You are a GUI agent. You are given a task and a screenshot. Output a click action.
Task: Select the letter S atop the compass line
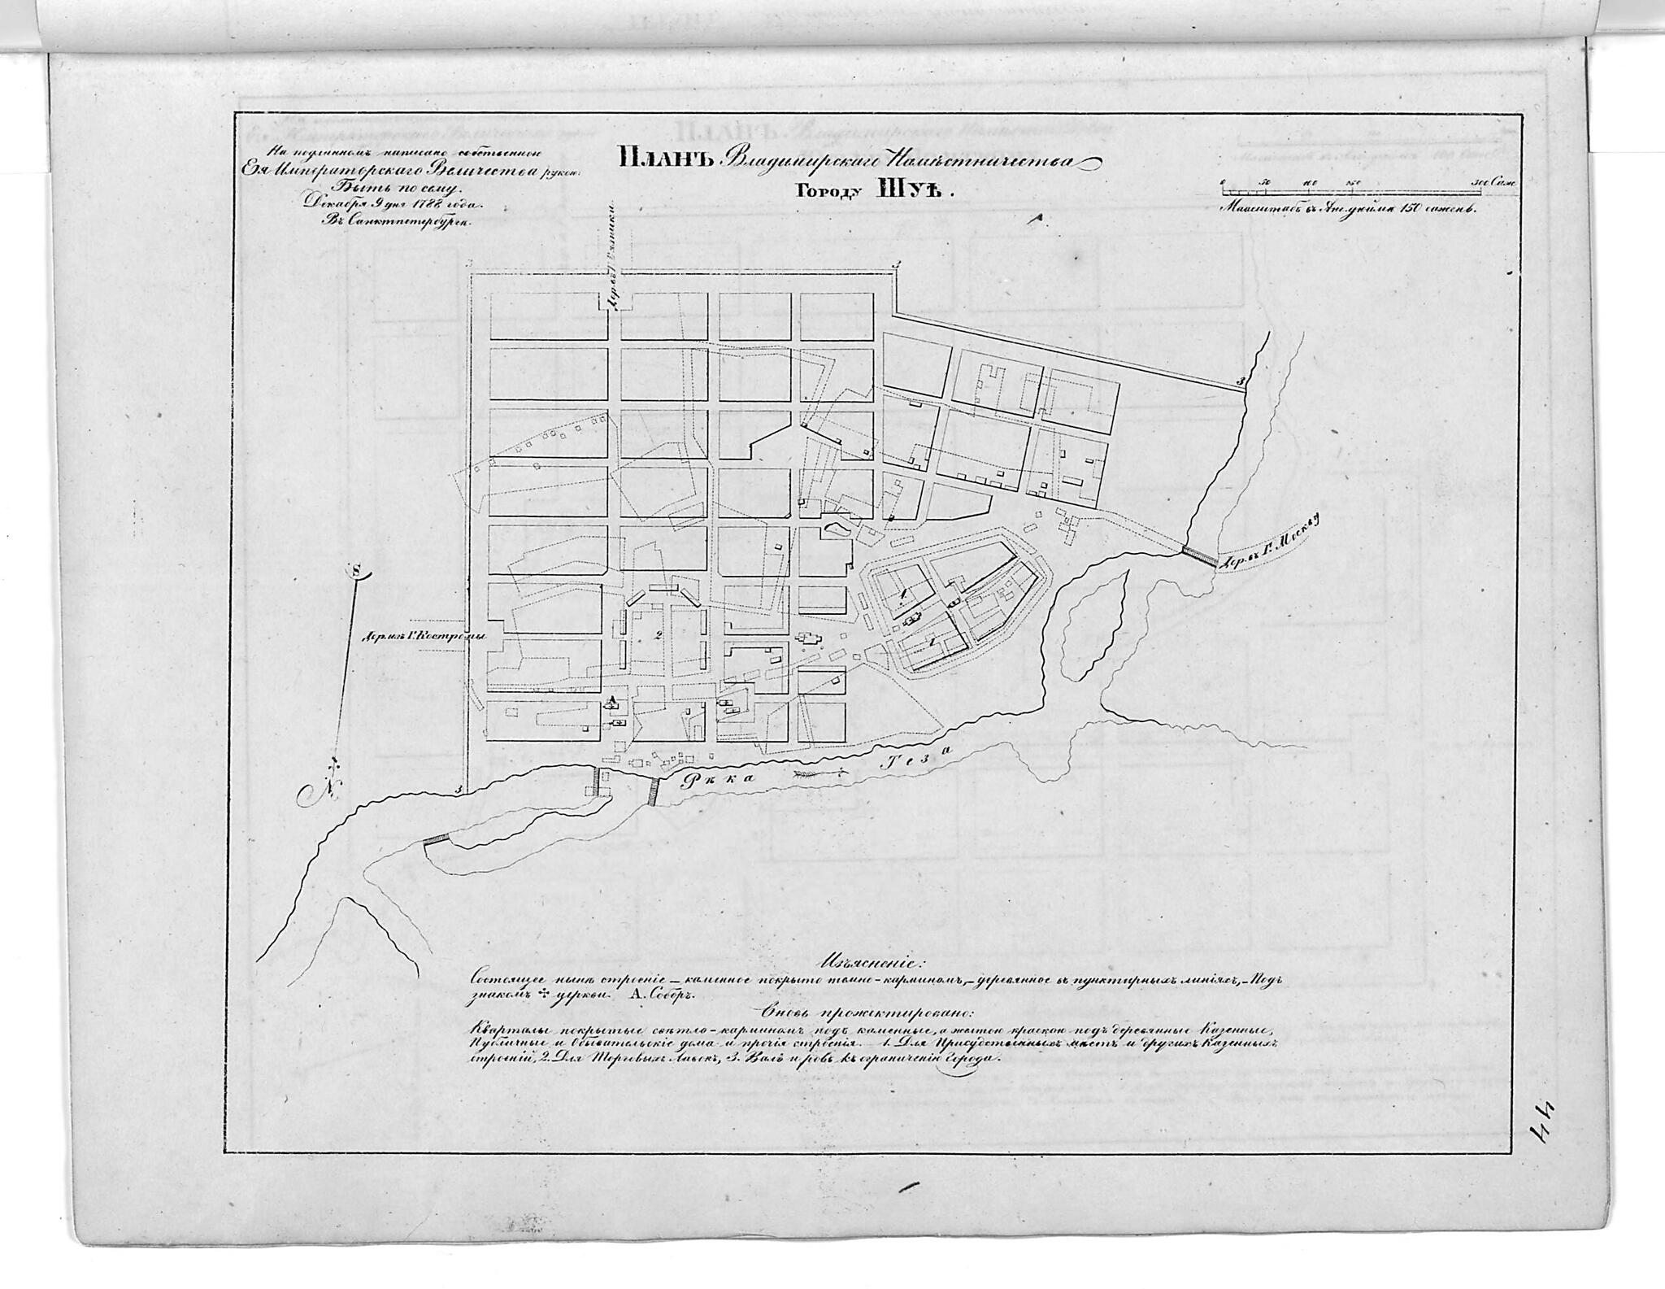coord(355,571)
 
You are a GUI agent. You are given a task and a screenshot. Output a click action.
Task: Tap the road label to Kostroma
coord(423,637)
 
